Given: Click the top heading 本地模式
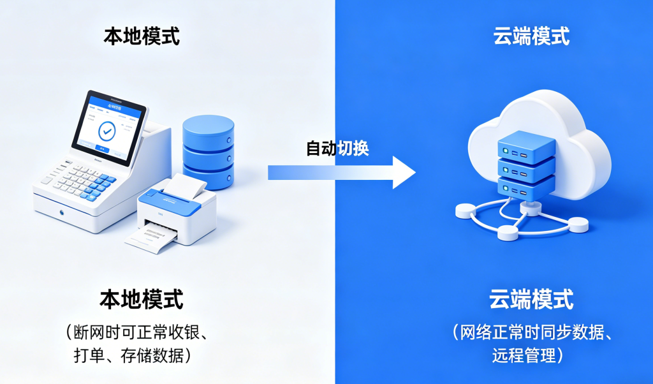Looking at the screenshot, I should [x=142, y=36].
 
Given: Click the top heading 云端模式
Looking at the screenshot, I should [x=531, y=36].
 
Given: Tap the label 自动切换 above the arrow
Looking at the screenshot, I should [x=337, y=149].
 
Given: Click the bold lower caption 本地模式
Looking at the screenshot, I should [x=141, y=299].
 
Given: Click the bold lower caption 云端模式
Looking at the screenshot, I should [x=531, y=299].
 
